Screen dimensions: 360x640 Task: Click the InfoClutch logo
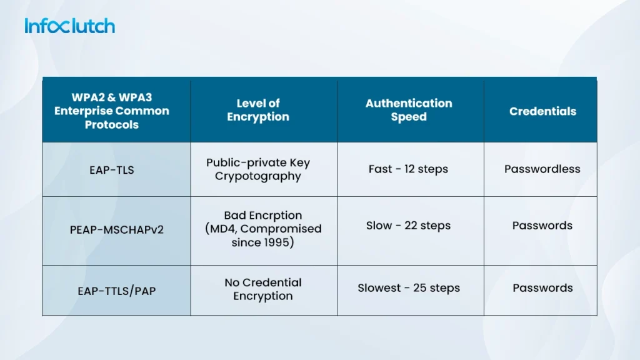69,26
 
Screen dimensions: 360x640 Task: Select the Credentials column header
542,111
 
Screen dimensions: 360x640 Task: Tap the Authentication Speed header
409,110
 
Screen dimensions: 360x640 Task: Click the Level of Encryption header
258,110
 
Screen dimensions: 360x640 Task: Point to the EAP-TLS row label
111,169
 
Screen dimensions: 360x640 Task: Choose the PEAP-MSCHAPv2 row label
116,229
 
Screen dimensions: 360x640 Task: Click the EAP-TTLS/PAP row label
116,291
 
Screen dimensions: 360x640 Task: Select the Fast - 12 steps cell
408,169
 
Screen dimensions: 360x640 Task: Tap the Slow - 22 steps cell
408,226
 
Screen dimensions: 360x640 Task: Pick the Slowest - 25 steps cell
408,288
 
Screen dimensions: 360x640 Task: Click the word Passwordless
542,169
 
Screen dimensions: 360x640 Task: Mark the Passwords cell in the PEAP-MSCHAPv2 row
542,226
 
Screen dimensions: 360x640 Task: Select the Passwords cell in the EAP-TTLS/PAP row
542,288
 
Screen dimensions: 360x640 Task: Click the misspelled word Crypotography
257,177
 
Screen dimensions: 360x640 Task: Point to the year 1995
276,242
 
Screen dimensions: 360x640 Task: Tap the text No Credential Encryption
262,289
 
